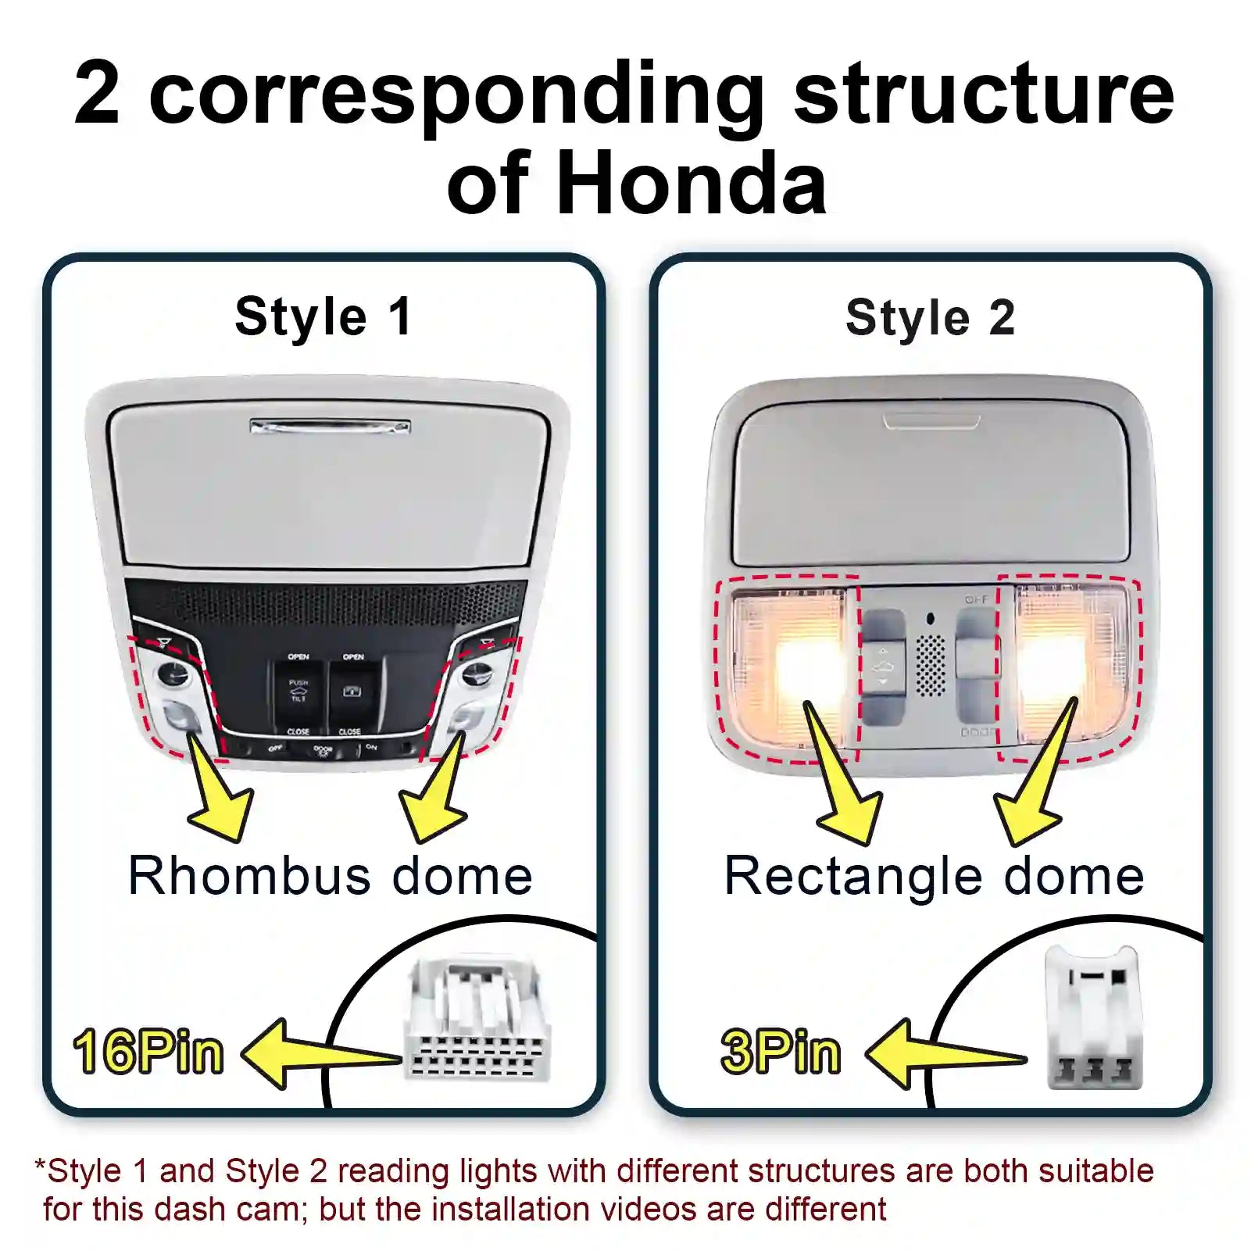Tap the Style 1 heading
(x=323, y=317)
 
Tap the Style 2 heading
(x=930, y=318)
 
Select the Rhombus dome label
(x=331, y=875)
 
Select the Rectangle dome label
(x=934, y=875)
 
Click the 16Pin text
(x=148, y=1052)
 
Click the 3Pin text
(x=781, y=1052)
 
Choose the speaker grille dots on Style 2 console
(x=930, y=664)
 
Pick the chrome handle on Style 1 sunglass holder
(x=330, y=427)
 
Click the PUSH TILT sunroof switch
(x=298, y=692)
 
